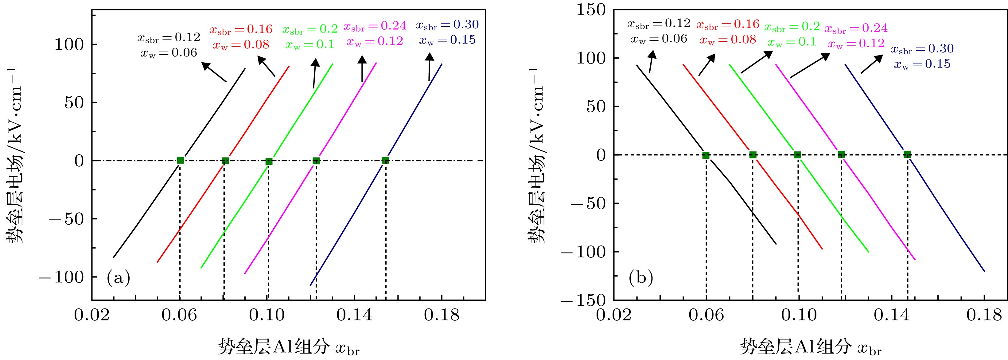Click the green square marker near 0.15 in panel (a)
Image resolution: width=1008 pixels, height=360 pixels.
[385, 160]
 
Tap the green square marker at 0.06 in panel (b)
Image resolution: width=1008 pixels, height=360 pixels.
[706, 155]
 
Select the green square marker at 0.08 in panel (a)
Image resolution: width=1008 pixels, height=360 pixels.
[225, 161]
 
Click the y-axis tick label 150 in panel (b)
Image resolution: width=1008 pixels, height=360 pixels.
[591, 10]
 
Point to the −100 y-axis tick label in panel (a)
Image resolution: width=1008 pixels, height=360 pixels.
[61, 277]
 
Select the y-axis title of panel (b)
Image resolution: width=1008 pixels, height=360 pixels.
[536, 155]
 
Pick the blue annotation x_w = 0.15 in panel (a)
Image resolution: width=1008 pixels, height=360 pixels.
[447, 40]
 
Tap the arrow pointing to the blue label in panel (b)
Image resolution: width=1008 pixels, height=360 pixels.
[871, 64]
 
